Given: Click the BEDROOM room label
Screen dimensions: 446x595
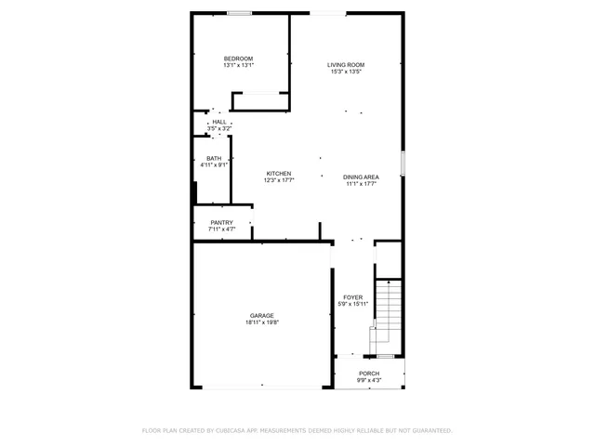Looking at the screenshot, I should [x=238, y=59].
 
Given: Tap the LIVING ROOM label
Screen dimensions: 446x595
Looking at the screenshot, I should [x=344, y=64].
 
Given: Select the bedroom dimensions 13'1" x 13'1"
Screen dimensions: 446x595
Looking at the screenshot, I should [x=238, y=66].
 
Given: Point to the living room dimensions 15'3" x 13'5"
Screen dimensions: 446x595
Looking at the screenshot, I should [x=344, y=72].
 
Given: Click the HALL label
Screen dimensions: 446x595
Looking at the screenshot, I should [x=218, y=122].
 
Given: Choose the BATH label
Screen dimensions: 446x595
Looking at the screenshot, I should [x=214, y=158].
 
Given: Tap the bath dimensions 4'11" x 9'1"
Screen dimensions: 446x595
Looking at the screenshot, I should [x=214, y=165].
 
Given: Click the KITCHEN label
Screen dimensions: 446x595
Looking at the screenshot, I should [x=279, y=174].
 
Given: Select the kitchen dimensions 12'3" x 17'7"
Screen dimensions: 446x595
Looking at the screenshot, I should [x=279, y=181].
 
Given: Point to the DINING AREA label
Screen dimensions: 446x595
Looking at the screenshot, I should [x=360, y=177].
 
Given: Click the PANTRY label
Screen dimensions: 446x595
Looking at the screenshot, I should [x=221, y=222].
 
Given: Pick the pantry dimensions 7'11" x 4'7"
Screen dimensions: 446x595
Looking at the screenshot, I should [x=221, y=229].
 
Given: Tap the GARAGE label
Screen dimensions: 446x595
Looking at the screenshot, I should [x=261, y=315].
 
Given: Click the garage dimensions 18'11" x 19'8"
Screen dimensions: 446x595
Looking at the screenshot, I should [x=261, y=322].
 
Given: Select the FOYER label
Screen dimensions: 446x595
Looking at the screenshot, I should [x=353, y=297].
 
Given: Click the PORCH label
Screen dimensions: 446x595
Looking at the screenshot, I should [x=370, y=374].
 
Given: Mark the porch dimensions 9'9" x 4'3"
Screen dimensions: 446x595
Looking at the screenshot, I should [x=370, y=381].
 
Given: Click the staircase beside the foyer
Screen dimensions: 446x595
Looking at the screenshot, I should [x=387, y=316].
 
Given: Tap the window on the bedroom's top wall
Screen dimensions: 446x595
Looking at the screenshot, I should [x=240, y=13].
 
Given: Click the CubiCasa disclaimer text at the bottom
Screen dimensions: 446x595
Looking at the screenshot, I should [x=297, y=430].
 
